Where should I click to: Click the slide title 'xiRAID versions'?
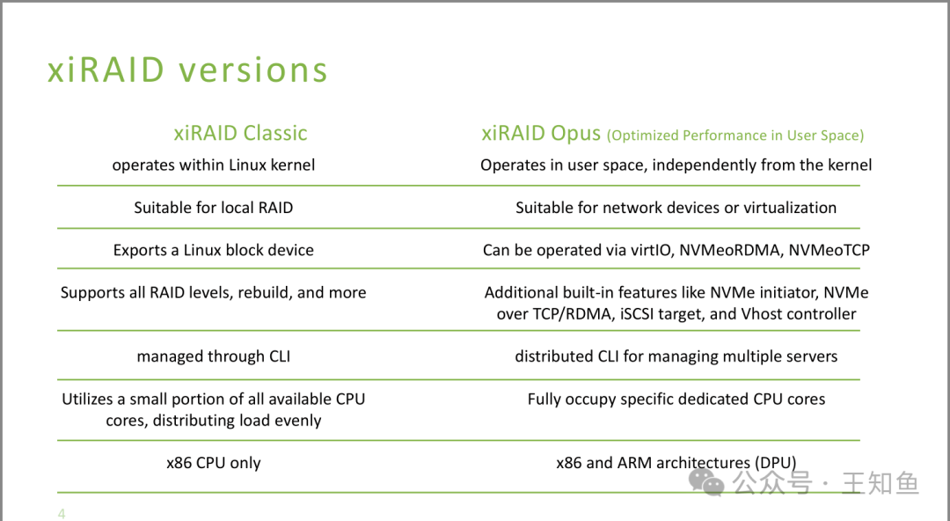tap(188, 70)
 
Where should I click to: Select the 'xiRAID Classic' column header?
tap(240, 133)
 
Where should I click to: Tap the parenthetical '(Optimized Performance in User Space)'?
tap(735, 136)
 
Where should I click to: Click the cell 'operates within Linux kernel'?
tap(213, 165)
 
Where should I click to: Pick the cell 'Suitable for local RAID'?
tap(213, 208)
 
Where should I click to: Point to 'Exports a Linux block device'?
tap(213, 250)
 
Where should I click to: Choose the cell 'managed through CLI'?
tap(213, 356)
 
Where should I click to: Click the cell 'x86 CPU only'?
tap(213, 463)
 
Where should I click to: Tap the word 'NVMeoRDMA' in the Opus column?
tap(730, 250)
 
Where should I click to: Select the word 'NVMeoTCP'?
tap(829, 250)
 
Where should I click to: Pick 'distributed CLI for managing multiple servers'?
tap(676, 356)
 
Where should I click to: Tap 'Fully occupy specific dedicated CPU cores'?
tap(676, 399)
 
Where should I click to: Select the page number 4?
tap(62, 514)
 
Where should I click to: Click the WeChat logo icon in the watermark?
tap(706, 482)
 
